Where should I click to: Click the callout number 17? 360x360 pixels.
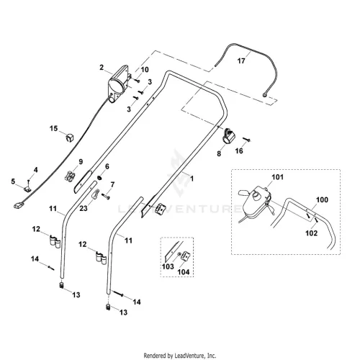pos(241,60)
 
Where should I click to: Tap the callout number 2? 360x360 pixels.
pos(102,68)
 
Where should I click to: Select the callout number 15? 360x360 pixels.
pos(54,128)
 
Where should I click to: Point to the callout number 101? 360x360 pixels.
pos(277,177)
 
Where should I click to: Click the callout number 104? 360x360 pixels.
pos(184,272)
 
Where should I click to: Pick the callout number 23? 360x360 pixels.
pos(84,208)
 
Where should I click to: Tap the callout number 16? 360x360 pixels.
pos(239,150)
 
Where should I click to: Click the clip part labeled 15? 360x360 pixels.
pos(70,138)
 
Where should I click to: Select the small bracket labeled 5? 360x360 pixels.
pos(27,189)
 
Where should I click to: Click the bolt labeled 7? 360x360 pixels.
pos(106,196)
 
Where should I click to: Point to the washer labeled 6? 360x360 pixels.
pos(99,178)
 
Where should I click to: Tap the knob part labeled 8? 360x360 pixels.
pos(229,136)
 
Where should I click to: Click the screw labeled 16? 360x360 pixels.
pos(247,139)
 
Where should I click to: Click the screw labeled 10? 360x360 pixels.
pos(137,81)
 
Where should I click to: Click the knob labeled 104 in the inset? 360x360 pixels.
pos(186,256)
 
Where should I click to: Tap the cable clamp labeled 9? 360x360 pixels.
pos(70,176)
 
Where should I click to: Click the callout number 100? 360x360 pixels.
pos(322,199)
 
